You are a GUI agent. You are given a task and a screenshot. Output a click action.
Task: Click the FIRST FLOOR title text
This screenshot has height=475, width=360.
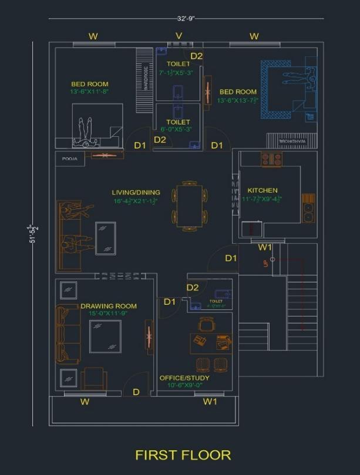(x=183, y=454)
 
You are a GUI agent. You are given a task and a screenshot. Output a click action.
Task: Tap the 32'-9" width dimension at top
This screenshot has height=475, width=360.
(x=185, y=18)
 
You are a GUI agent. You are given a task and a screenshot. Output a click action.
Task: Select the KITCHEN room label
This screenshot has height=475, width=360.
(x=262, y=190)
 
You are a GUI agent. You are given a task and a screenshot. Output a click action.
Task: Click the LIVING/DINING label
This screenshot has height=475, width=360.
(x=136, y=192)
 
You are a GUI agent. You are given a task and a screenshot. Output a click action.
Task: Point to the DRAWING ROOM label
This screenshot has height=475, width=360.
(x=108, y=306)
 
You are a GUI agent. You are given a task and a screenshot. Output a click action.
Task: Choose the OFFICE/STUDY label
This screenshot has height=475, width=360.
(x=184, y=378)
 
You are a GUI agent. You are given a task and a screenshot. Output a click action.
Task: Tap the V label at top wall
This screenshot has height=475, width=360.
(x=179, y=36)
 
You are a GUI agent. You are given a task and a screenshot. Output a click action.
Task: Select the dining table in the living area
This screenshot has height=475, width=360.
(x=189, y=206)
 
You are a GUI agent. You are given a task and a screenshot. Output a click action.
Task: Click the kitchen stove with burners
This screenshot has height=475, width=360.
(x=271, y=159)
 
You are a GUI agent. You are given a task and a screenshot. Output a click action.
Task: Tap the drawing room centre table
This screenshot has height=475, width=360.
(x=106, y=336)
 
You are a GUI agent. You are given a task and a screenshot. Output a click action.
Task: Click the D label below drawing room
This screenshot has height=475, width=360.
(x=136, y=392)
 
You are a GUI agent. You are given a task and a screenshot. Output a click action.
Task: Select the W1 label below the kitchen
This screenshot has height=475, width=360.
(x=265, y=247)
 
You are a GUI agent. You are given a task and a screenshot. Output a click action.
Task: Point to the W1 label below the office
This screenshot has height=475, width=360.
(x=210, y=402)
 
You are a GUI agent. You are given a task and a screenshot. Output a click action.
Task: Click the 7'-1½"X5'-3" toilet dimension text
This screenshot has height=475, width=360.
(x=177, y=73)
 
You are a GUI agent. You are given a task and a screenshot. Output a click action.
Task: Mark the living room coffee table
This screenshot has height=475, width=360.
(x=106, y=238)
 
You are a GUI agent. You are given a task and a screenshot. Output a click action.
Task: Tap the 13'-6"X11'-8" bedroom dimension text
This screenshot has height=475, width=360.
(x=89, y=92)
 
